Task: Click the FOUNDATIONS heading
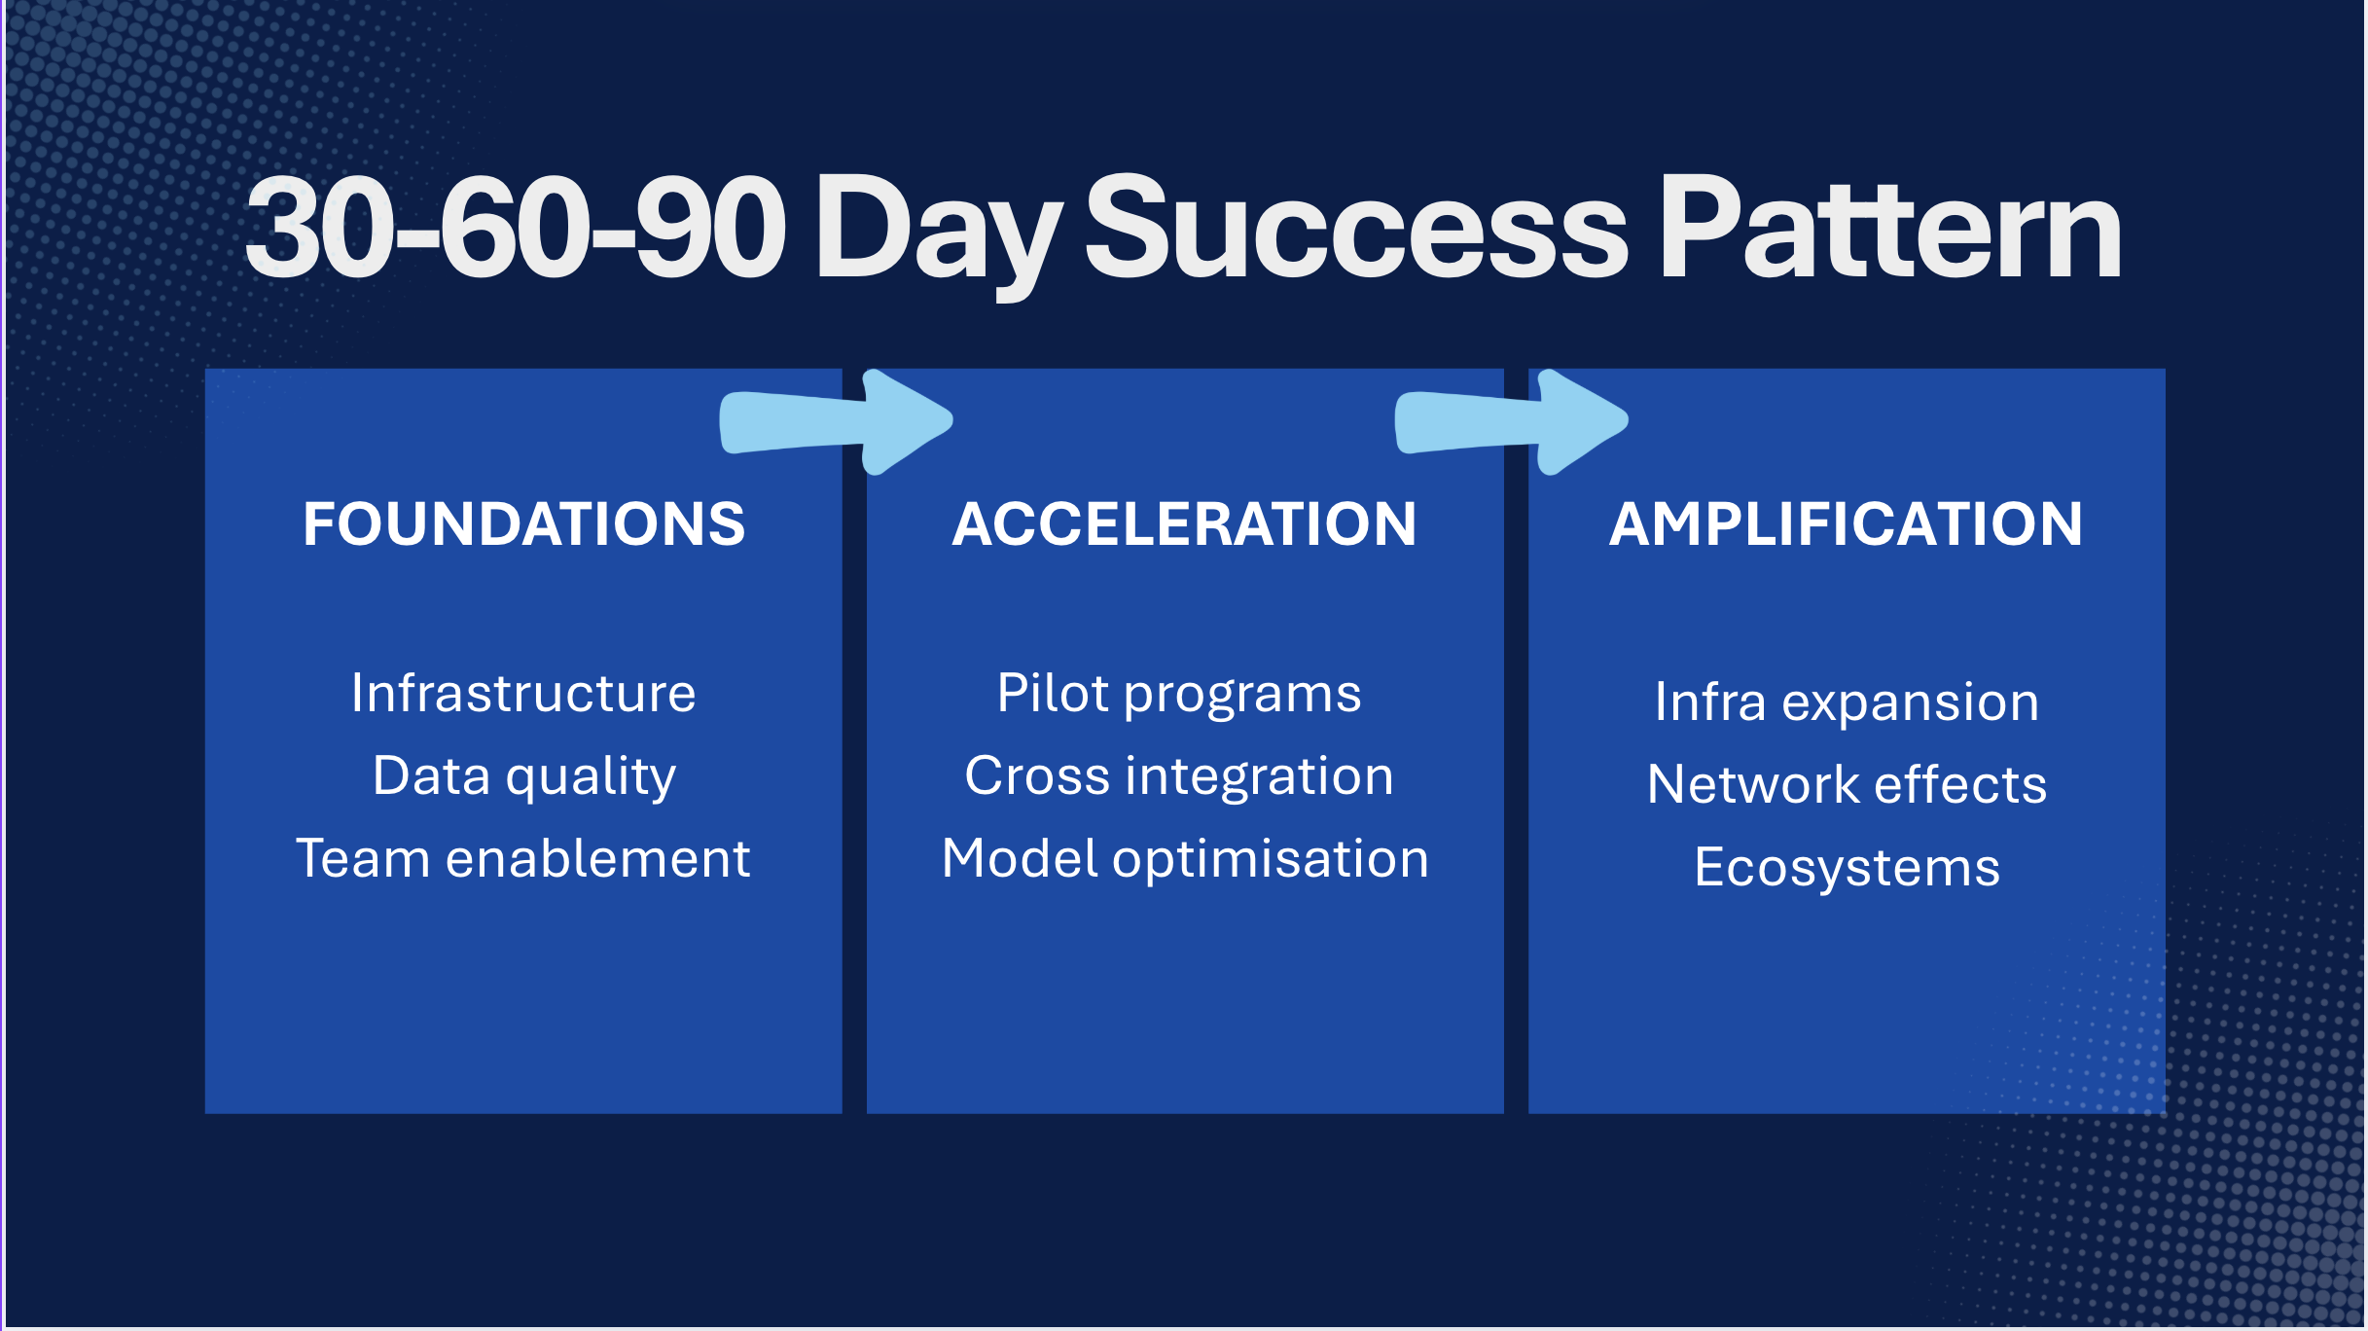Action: pos(523,524)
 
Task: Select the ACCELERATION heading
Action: pos(1184,524)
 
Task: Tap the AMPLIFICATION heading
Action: pos(1846,524)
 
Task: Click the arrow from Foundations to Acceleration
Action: pos(836,422)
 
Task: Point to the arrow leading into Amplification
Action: pos(1511,422)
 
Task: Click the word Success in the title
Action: pos(1356,230)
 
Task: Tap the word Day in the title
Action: pos(938,236)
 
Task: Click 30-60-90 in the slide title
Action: pos(515,230)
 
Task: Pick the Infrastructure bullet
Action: pos(523,693)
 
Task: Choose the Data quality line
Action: pos(523,777)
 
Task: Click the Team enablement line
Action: pos(523,858)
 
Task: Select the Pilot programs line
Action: pos(1179,695)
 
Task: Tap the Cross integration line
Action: pos(1179,777)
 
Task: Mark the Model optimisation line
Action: pos(1185,860)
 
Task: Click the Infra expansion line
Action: pos(1847,702)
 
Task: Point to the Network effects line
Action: pos(1847,784)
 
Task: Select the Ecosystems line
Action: pos(1847,868)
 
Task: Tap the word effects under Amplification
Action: pos(1960,784)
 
